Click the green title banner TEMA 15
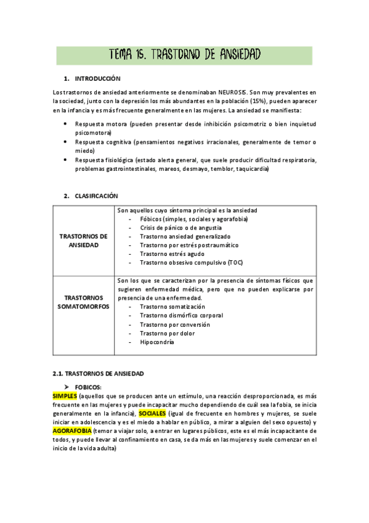pos(184,55)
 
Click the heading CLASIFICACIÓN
pos(96,196)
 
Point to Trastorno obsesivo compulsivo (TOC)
pos(191,262)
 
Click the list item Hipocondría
pos(157,342)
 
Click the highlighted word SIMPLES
pos(65,395)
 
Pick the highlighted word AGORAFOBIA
pos(72,430)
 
